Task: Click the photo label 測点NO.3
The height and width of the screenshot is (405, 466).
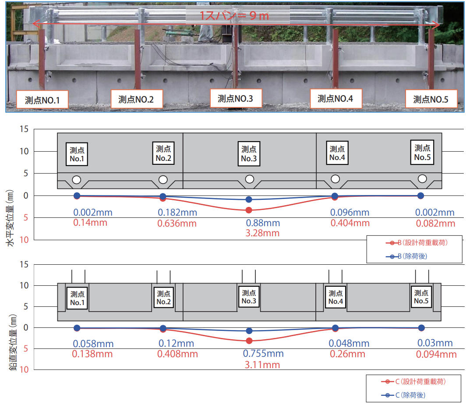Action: coord(235,99)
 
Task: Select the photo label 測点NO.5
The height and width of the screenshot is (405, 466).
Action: coord(431,100)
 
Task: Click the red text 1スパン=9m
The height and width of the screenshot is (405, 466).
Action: coord(234,16)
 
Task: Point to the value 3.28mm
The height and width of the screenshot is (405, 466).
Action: coord(263,233)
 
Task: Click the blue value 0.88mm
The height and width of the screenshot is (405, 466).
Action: coord(263,223)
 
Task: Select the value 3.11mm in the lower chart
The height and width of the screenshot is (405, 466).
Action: coord(263,364)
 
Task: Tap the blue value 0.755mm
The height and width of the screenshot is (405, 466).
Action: coord(263,354)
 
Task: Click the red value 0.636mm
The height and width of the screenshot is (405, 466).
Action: coord(177,224)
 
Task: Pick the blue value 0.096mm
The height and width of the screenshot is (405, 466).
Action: coord(349,213)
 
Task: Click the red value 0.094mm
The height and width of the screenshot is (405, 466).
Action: coord(436,354)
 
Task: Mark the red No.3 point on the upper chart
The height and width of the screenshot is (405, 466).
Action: coord(249,210)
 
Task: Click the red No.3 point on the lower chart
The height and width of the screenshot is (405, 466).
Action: coord(249,341)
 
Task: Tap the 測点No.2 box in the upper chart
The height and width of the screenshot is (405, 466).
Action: coord(163,153)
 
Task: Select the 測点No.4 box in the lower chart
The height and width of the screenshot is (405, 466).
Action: coord(335,298)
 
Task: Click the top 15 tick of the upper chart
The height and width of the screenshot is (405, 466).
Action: coord(24,129)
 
